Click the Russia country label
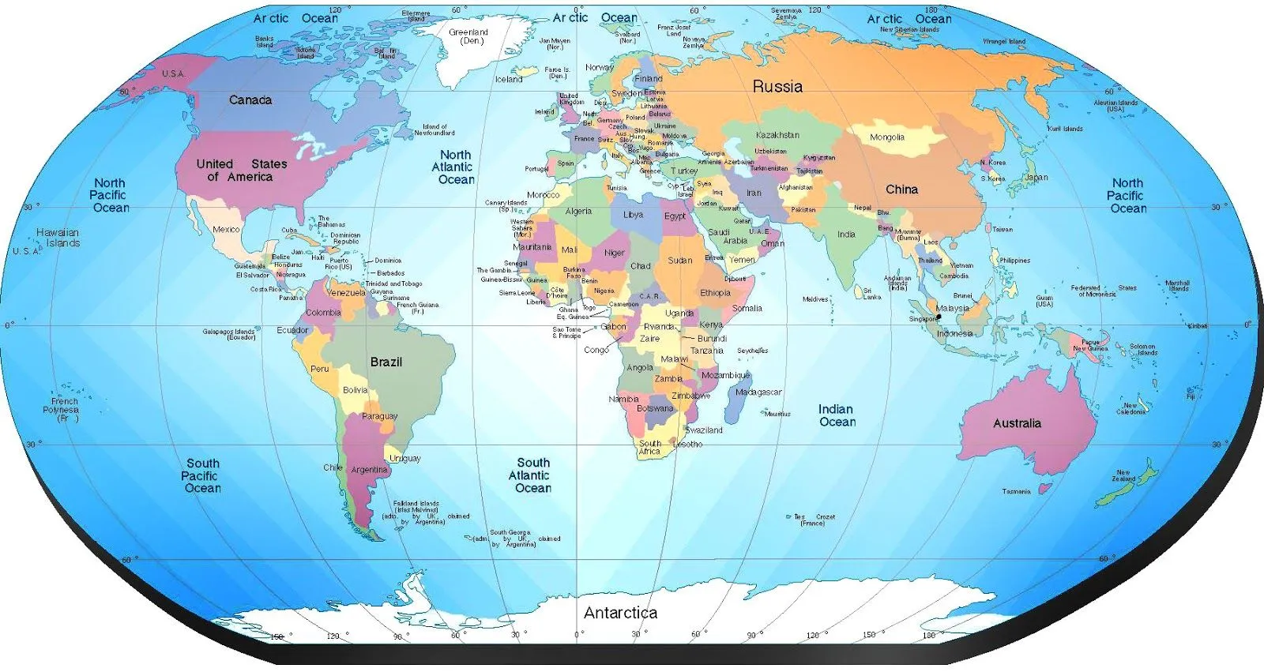[x=777, y=87]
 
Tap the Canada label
[x=250, y=100]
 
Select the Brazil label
[x=386, y=362]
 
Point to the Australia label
[x=1017, y=423]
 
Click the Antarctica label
[x=620, y=613]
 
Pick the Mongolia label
[x=887, y=137]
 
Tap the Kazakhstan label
[x=777, y=135]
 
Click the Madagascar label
[x=758, y=392]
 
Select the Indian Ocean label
[x=837, y=415]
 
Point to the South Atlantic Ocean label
[x=532, y=475]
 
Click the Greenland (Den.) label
[x=468, y=36]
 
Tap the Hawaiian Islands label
[x=58, y=238]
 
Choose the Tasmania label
[x=1016, y=491]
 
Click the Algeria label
[x=578, y=211]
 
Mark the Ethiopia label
[x=715, y=293]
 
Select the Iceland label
[x=509, y=79]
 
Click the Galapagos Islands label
[x=229, y=334]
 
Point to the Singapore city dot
[x=939, y=317]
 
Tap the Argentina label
[x=369, y=469]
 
